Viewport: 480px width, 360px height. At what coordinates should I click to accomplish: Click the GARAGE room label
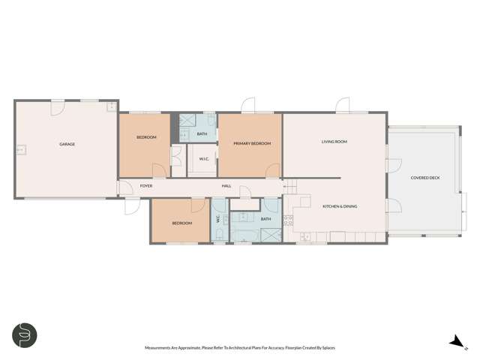67,144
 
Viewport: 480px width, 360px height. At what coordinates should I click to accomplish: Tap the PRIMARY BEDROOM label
251,143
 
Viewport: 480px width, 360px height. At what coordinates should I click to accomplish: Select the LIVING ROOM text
334,141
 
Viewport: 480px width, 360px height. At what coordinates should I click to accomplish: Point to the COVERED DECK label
425,178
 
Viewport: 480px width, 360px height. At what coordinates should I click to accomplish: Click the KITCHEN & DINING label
338,206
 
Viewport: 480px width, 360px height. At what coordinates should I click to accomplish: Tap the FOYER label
146,186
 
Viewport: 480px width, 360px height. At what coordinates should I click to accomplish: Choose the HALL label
226,186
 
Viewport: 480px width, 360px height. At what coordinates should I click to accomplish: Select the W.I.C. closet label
203,158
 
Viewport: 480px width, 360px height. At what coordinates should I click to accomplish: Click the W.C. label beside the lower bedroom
218,220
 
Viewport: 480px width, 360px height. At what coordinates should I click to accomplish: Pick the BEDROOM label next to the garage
146,137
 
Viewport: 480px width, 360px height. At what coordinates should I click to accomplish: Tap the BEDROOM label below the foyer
182,223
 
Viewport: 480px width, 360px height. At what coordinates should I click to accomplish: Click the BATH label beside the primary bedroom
202,134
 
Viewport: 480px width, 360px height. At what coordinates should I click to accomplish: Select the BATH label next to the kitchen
265,219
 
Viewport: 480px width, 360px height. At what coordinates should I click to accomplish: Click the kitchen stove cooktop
288,219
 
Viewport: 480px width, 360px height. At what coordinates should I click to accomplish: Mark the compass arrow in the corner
454,342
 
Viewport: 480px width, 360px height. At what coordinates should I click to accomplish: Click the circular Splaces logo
25,335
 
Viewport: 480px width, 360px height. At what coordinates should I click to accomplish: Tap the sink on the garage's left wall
21,149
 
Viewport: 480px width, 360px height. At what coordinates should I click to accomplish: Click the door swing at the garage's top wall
57,107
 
